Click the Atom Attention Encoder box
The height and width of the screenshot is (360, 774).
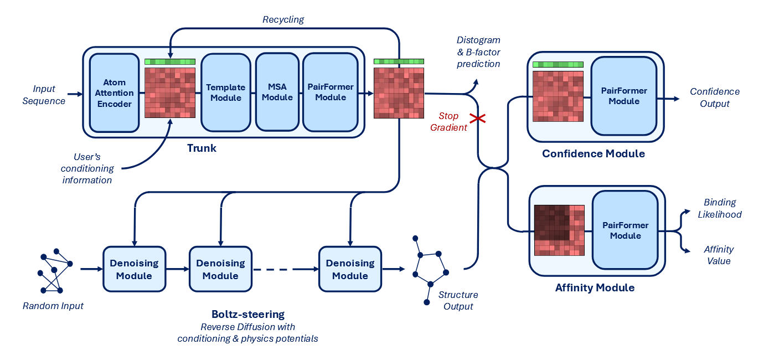click(x=114, y=92)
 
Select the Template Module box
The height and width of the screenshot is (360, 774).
click(x=226, y=92)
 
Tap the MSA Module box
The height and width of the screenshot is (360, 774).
click(x=277, y=92)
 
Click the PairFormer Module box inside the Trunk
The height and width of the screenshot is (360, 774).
click(x=330, y=92)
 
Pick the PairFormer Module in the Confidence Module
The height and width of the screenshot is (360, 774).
click(x=624, y=96)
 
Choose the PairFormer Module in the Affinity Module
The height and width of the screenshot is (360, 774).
click(x=625, y=230)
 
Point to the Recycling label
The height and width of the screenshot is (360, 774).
click(x=283, y=19)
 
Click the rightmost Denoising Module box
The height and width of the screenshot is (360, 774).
click(x=350, y=269)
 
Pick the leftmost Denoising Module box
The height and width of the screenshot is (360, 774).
click(x=134, y=269)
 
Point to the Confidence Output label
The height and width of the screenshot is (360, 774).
click(x=714, y=97)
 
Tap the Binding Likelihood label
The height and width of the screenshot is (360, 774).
click(x=720, y=208)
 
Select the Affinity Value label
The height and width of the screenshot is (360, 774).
click(x=718, y=255)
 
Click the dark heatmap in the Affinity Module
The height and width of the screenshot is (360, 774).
click(x=559, y=230)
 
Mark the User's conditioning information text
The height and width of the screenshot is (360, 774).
click(x=87, y=168)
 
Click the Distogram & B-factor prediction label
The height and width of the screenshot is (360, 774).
click(x=478, y=52)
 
